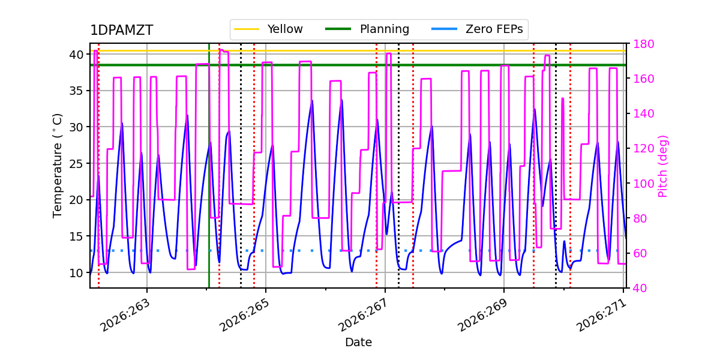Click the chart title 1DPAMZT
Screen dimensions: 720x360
121,30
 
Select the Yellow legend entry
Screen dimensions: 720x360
268,29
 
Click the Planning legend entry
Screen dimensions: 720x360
367,29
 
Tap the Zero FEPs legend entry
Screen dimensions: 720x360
477,29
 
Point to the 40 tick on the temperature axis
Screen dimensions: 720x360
77,55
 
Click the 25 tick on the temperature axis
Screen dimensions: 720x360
77,164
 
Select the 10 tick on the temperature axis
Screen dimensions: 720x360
77,273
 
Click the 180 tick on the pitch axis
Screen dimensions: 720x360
643,44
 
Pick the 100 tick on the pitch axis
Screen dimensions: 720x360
643,184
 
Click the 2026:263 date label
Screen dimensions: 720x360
125,316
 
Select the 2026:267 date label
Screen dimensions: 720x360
363,316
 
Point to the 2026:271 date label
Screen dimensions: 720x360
601,316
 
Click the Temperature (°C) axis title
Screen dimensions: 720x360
57,166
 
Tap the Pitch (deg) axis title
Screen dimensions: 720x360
662,166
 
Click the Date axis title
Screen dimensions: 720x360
358,343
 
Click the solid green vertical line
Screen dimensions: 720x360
209,166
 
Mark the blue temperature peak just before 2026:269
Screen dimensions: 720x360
490,142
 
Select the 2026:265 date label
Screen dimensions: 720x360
244,316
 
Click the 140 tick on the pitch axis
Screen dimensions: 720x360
643,113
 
